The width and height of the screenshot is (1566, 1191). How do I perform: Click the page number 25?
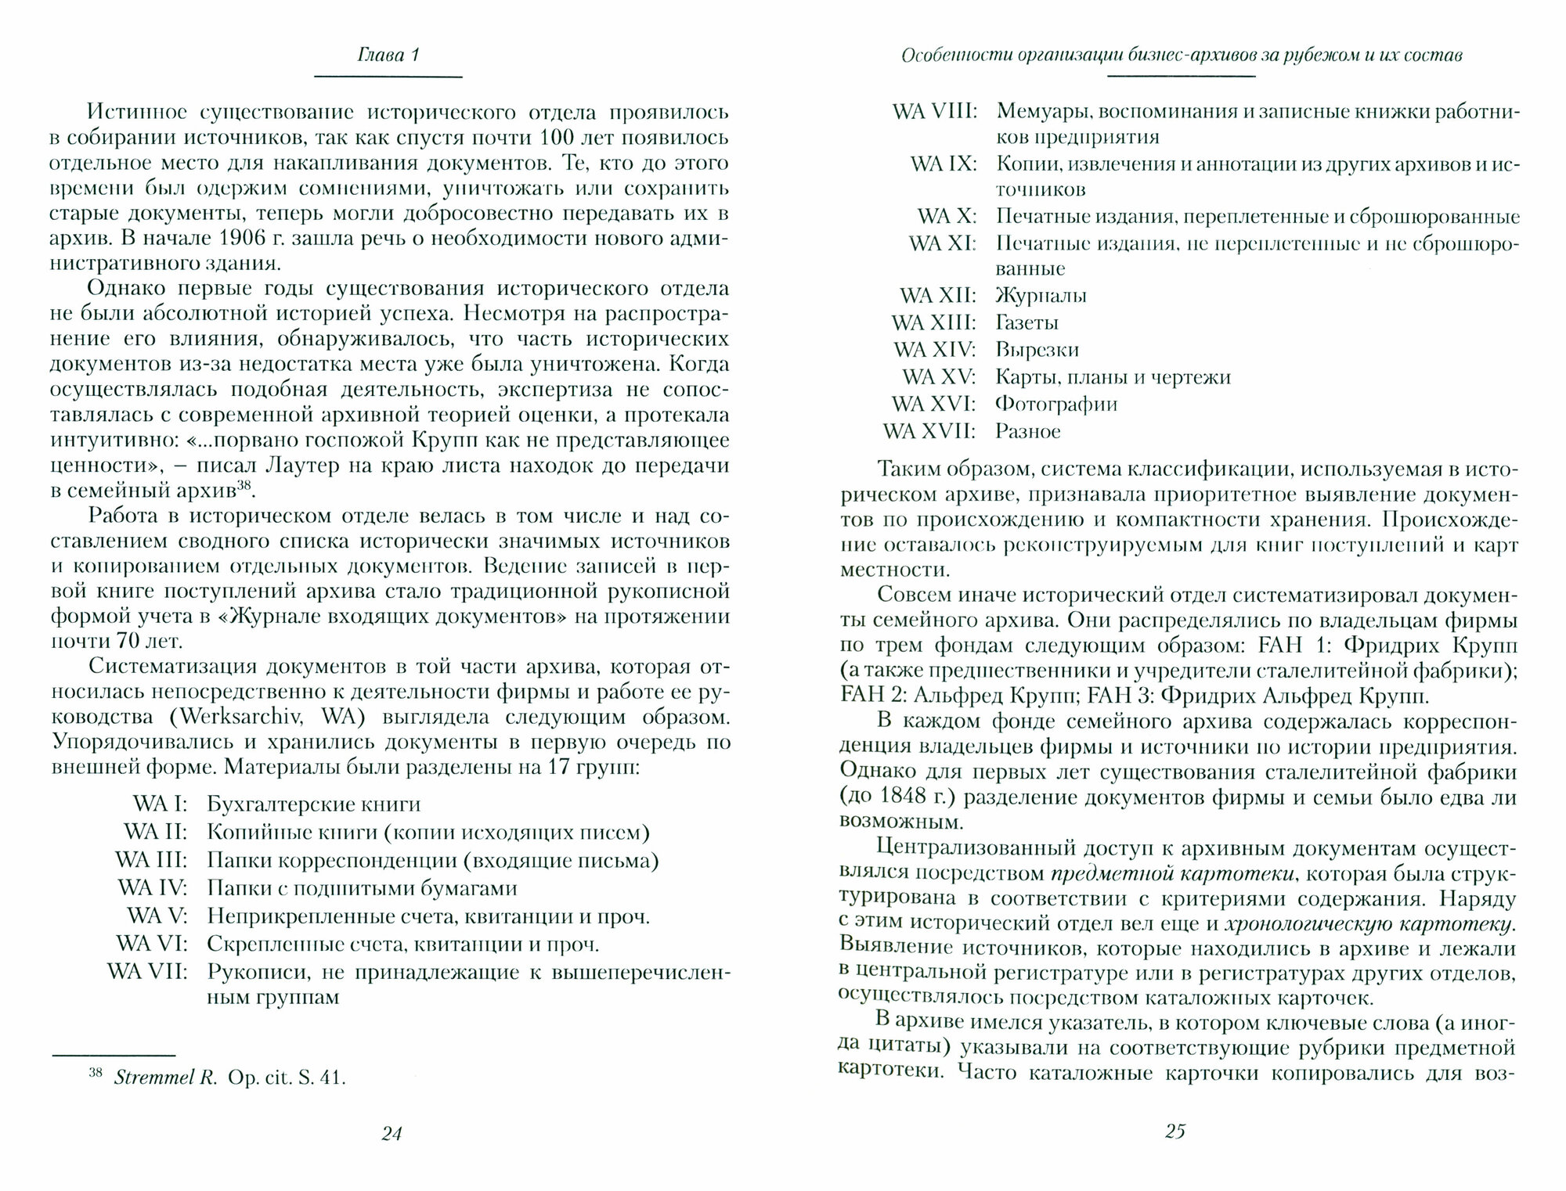tap(1175, 1131)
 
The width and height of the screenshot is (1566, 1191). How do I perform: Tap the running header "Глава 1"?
tap(389, 56)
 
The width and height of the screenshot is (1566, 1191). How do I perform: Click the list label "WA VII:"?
tap(147, 973)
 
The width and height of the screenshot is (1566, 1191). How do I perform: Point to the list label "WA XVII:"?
tap(929, 431)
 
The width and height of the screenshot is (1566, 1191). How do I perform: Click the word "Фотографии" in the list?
tap(1056, 405)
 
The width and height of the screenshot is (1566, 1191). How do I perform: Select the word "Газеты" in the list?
tap(1027, 323)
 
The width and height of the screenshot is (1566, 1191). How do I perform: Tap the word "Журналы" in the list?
tap(1041, 296)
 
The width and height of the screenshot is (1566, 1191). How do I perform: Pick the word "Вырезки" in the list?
tap(1037, 350)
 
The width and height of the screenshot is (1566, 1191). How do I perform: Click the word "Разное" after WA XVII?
tap(1028, 431)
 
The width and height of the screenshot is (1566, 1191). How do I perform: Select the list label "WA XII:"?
tap(937, 296)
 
